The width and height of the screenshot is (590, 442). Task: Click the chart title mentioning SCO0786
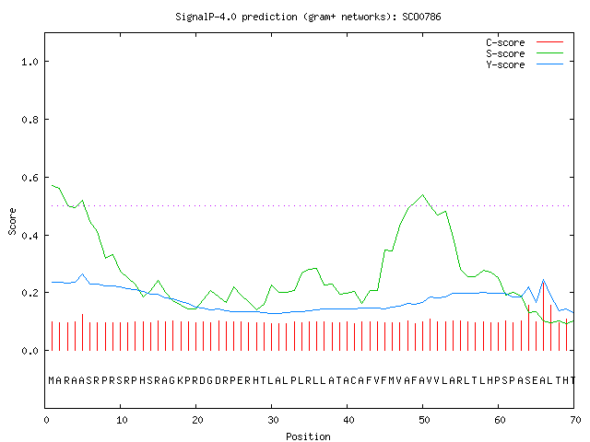point(308,17)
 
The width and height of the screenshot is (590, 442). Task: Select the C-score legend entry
point(525,42)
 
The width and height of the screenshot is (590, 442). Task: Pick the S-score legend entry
point(525,53)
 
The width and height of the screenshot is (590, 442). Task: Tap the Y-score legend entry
point(525,64)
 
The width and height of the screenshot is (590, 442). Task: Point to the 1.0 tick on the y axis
point(30,62)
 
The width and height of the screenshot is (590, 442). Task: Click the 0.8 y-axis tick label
point(30,120)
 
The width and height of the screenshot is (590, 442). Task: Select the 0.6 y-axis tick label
point(30,178)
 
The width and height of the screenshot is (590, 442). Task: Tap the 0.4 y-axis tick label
point(30,236)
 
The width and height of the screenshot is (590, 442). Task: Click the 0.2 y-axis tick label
point(30,293)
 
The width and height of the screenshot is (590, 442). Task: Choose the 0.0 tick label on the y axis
point(30,351)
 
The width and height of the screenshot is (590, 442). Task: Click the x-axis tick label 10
point(122,420)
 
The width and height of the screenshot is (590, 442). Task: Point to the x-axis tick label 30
point(273,420)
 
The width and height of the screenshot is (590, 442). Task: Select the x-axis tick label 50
point(424,420)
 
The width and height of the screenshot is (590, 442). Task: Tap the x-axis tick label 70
point(575,420)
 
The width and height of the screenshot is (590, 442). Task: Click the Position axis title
point(308,436)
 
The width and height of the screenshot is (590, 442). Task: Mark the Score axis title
point(12,221)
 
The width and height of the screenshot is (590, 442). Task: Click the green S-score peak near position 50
point(422,194)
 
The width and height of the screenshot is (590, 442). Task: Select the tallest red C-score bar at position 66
point(543,316)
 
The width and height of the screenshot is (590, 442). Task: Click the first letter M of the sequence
point(52,380)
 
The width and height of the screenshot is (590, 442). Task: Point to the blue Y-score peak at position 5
point(82,274)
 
